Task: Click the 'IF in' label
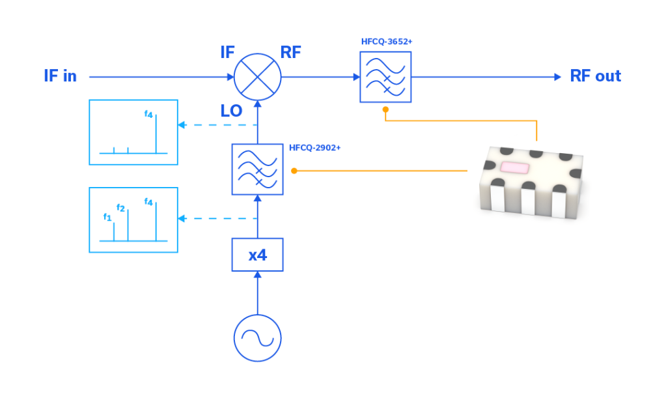[x=60, y=76]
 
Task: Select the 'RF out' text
[x=595, y=76]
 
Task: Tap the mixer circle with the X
[x=258, y=77]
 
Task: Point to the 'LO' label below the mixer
[x=231, y=111]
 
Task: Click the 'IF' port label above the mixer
[x=227, y=53]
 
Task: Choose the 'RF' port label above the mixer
[x=290, y=53]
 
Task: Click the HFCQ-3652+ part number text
[x=387, y=42]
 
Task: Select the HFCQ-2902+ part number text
[x=315, y=148]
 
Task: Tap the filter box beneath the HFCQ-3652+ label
[x=386, y=77]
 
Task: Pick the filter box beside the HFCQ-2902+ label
[x=258, y=169]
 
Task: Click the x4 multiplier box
[x=258, y=255]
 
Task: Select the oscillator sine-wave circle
[x=258, y=337]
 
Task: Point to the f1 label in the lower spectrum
[x=107, y=217]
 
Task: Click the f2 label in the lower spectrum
[x=120, y=208]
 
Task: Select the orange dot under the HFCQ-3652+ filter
[x=385, y=109]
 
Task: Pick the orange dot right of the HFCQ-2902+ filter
[x=294, y=171]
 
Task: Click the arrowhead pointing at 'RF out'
[x=557, y=77]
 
